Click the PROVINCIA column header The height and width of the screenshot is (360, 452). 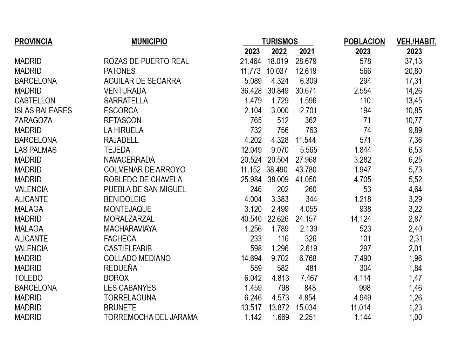coord(33,42)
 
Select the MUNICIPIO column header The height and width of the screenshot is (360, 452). coord(149,42)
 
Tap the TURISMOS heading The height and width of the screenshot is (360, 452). coord(279,42)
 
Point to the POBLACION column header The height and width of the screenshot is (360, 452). coord(364,42)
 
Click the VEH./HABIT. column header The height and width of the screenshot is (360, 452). coord(416,42)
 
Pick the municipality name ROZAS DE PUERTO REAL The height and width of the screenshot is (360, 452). coord(146,61)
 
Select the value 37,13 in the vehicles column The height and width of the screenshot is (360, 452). coord(413,61)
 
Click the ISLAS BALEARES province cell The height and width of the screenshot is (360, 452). coord(43,111)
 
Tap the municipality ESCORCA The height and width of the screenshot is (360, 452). coord(121,111)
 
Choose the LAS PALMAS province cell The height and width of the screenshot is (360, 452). coord(35,150)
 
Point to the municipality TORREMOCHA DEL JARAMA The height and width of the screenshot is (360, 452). coord(151,318)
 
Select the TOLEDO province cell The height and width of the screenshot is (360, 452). coord(28,278)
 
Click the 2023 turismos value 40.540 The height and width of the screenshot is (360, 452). coord(251,219)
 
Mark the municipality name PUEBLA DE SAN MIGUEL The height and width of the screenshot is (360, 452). coord(145,190)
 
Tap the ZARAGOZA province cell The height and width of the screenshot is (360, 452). coord(33,121)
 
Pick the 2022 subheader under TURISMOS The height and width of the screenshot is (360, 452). coord(279,52)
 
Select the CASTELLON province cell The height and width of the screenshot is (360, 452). coord(35,101)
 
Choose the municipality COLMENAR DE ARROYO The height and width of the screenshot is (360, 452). coord(144,170)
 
